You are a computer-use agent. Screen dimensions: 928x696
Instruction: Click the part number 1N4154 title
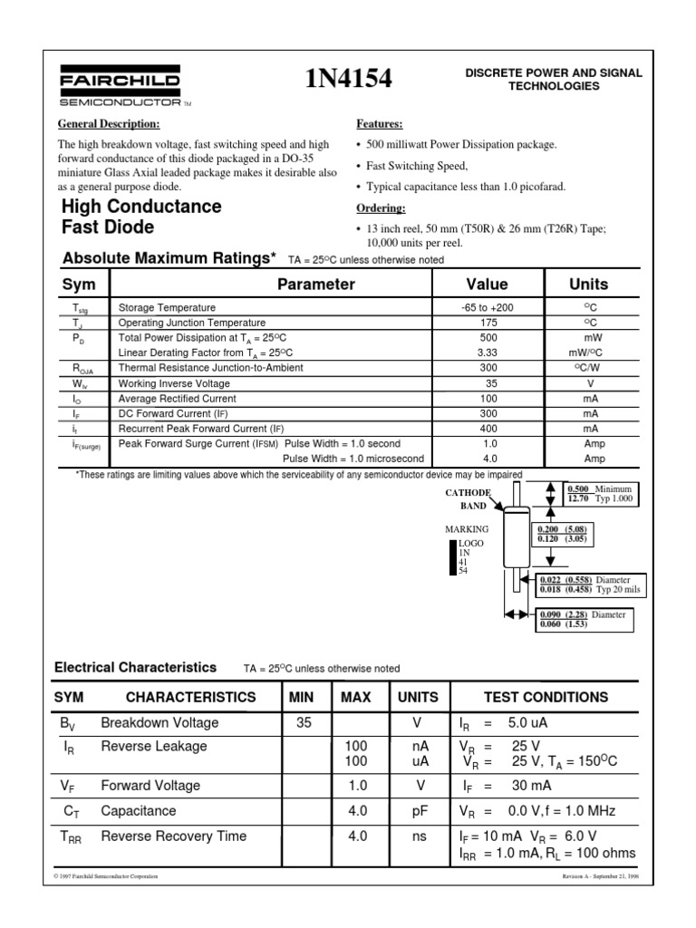click(349, 80)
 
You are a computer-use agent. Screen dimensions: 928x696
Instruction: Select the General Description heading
click(109, 123)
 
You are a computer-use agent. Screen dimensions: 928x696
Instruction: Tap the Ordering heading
click(381, 208)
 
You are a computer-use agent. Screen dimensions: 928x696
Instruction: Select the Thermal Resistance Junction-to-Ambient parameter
click(211, 368)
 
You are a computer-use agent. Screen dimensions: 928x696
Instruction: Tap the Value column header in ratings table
click(487, 285)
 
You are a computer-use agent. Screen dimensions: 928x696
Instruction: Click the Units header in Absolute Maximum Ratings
click(588, 285)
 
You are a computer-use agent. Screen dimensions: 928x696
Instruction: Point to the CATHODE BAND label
click(468, 499)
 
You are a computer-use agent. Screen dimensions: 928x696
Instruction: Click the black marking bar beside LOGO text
click(454, 557)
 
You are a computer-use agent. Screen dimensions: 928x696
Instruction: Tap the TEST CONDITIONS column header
click(546, 697)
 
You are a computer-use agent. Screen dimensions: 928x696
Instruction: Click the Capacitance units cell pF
click(418, 811)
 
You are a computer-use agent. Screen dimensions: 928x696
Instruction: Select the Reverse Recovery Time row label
click(173, 836)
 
